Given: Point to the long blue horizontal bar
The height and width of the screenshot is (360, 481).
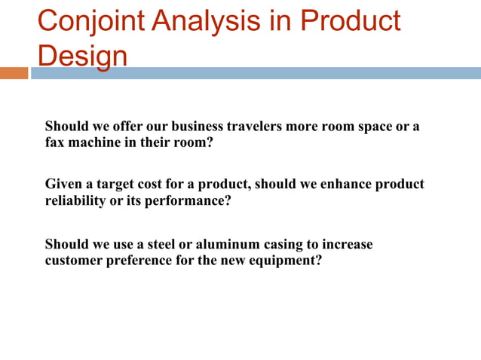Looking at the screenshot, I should click(x=256, y=73).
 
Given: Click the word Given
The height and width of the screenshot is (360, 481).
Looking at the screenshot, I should click(x=64, y=185).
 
